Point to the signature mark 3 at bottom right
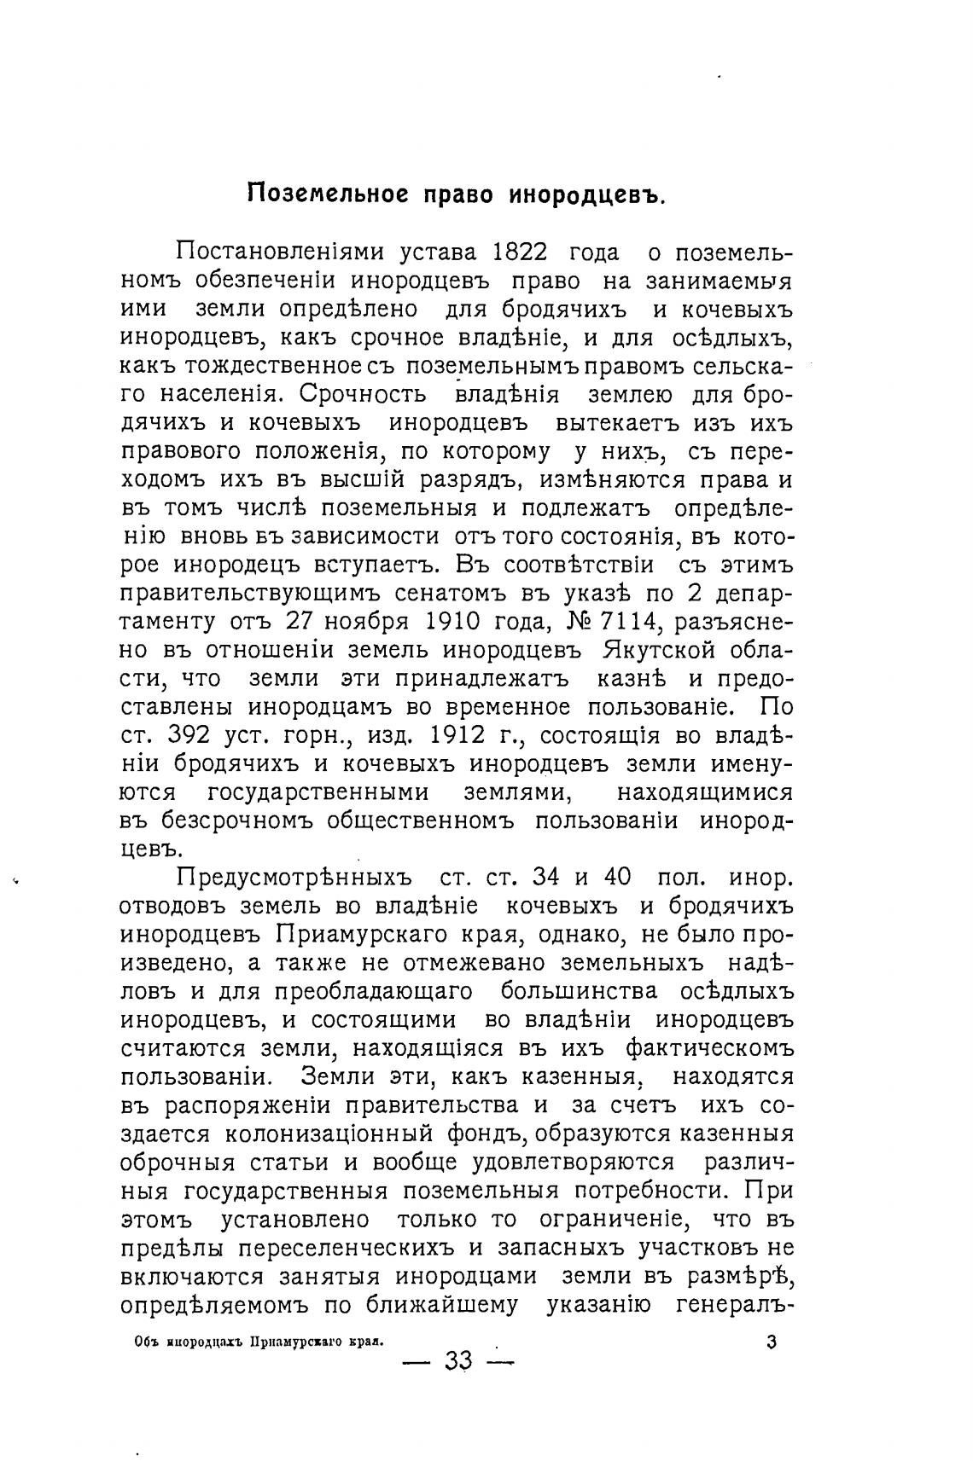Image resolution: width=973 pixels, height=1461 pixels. (772, 1342)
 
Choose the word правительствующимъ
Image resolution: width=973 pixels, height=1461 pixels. (234, 594)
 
